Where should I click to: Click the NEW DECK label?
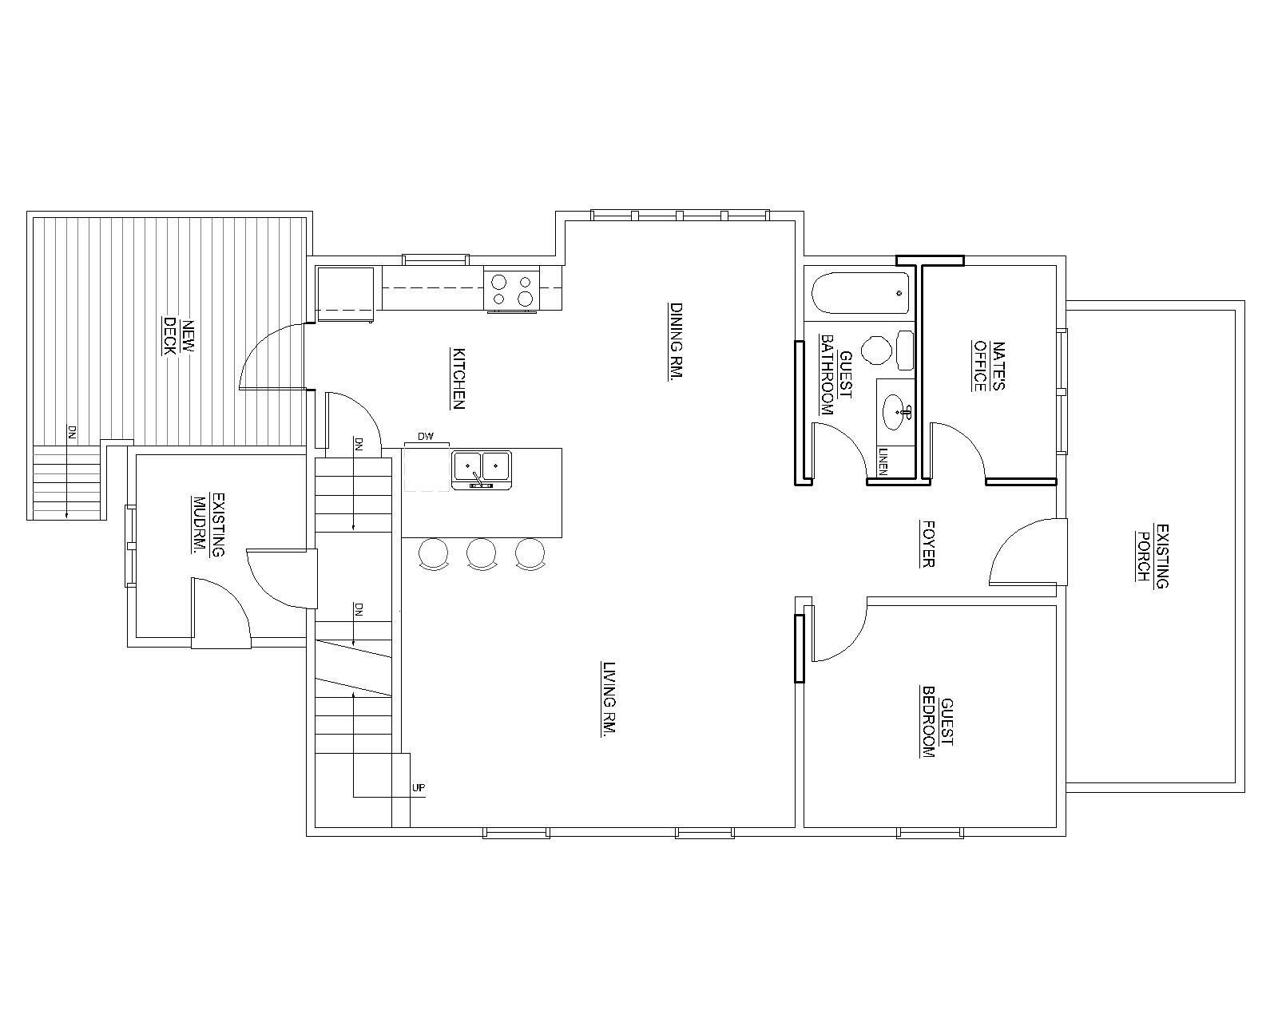[x=179, y=337]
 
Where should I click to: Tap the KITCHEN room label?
[x=458, y=378]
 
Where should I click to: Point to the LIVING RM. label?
[x=608, y=699]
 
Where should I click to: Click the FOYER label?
[x=927, y=544]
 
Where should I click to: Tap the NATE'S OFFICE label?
[x=989, y=366]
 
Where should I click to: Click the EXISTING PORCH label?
[x=1152, y=555]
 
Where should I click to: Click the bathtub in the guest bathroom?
[x=860, y=293]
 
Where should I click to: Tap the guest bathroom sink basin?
[x=897, y=411]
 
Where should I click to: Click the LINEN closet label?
[x=883, y=461]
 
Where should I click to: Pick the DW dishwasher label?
[x=425, y=437]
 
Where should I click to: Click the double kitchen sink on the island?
[x=482, y=469]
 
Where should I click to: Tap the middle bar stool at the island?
[x=481, y=555]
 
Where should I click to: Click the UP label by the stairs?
[x=419, y=788]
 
